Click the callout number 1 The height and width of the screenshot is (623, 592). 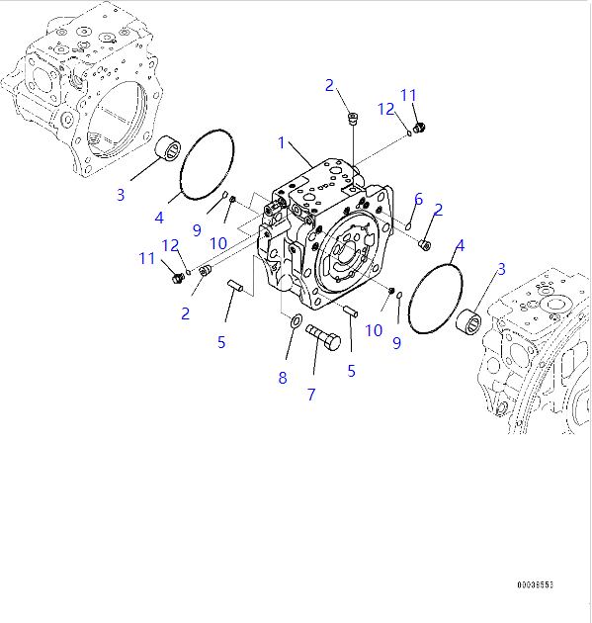[281, 143]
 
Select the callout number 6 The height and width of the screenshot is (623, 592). [418, 199]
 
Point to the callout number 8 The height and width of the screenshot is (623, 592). [282, 377]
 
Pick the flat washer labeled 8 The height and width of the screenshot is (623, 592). [296, 320]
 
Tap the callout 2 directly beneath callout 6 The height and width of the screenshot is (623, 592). [437, 209]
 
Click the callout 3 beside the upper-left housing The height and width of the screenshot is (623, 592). [121, 194]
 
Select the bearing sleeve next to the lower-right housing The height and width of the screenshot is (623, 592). [468, 324]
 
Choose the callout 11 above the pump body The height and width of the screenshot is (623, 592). [409, 95]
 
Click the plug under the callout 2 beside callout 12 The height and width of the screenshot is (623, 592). [353, 120]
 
